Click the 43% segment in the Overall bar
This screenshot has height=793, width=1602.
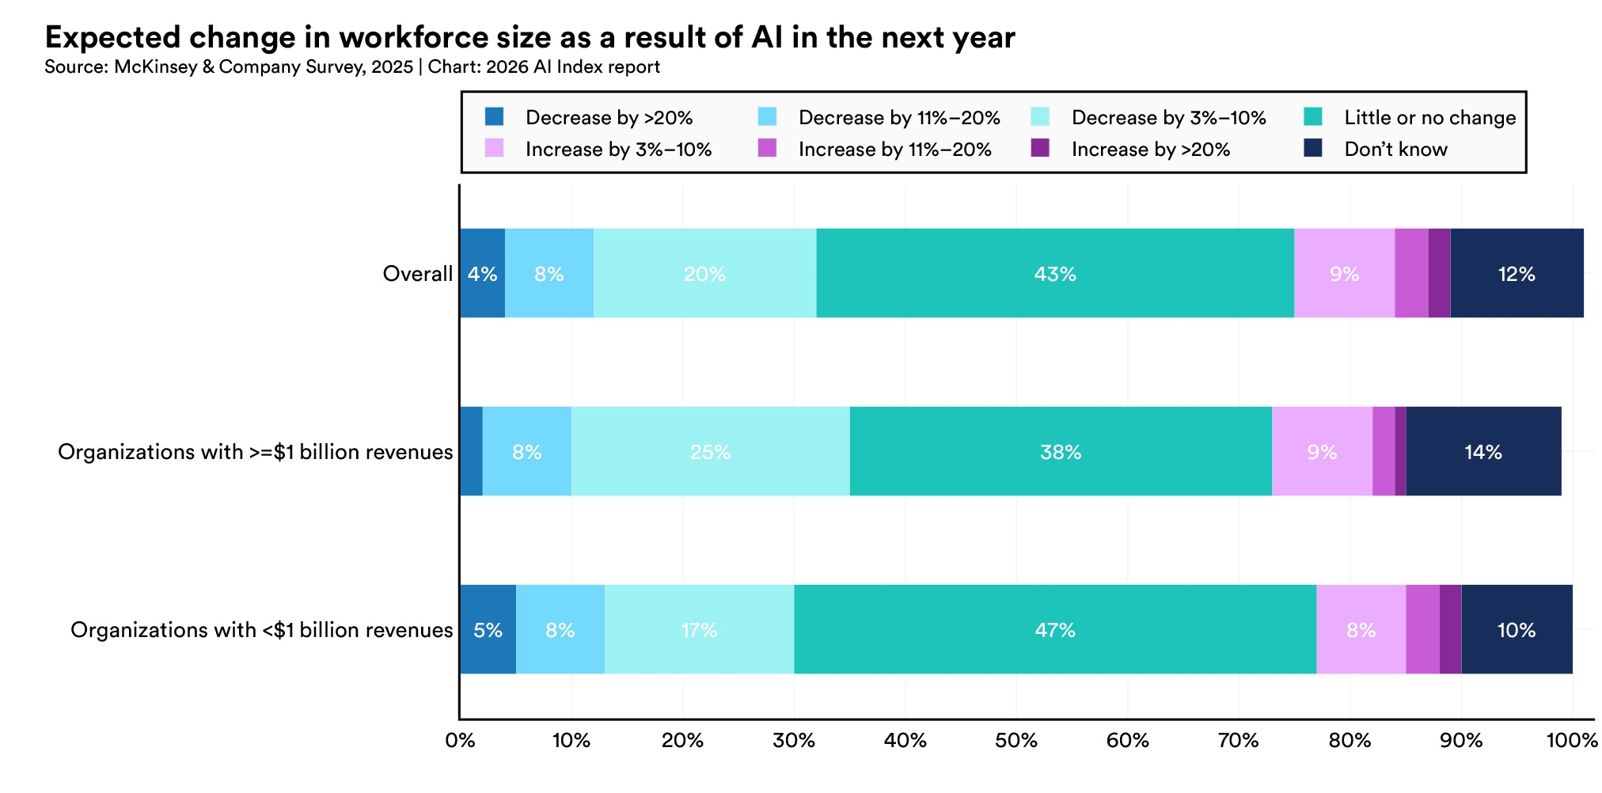(x=1054, y=274)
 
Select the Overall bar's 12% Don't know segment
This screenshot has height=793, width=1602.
(x=1517, y=274)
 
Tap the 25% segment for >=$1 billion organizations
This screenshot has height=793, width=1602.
(x=710, y=452)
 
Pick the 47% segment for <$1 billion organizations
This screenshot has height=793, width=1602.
(x=1054, y=630)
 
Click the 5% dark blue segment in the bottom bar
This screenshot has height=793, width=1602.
(x=488, y=630)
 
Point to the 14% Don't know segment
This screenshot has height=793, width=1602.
(x=1482, y=452)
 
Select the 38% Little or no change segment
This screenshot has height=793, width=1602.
(x=1060, y=452)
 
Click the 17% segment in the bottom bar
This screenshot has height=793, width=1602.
(x=699, y=630)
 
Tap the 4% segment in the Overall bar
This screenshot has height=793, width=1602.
(x=482, y=274)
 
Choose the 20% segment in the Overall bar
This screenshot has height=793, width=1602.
(x=704, y=274)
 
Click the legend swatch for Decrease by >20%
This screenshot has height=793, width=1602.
(x=495, y=117)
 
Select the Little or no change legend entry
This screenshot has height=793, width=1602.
(x=1429, y=118)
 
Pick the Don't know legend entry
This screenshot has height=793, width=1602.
(x=1395, y=150)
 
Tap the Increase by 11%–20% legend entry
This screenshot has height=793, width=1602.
(x=894, y=150)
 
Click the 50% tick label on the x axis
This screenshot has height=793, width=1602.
(x=1016, y=742)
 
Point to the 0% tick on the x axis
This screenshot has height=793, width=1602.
(x=460, y=742)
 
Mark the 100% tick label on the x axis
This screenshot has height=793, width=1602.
(x=1572, y=742)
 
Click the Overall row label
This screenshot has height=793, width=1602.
(x=417, y=274)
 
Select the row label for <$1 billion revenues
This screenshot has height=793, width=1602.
(x=261, y=630)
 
